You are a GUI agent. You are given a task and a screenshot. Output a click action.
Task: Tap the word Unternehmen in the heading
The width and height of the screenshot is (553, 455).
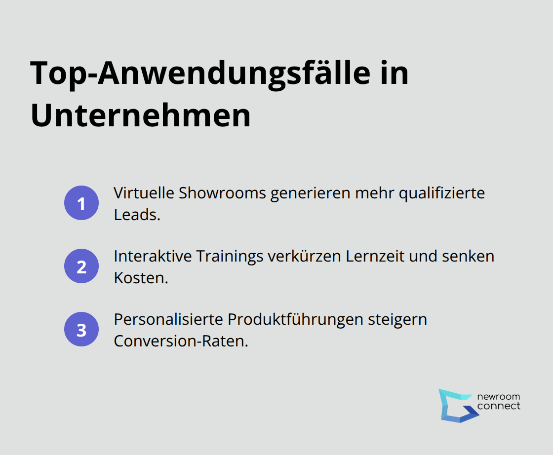click(x=141, y=116)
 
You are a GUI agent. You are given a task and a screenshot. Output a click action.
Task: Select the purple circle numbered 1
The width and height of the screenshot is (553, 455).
click(x=81, y=203)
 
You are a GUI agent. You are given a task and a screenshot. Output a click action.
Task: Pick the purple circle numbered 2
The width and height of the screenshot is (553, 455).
click(x=81, y=266)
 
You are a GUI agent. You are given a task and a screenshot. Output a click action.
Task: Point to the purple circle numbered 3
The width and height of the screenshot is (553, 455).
click(x=81, y=329)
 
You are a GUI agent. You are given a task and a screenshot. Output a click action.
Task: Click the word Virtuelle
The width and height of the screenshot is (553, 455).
click(x=144, y=193)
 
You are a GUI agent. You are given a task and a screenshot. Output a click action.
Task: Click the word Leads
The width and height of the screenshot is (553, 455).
click(x=137, y=215)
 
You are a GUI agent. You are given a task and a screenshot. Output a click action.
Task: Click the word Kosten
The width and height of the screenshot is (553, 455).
click(x=141, y=278)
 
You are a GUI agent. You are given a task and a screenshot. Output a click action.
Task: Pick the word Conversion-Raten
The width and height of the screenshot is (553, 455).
click(x=181, y=341)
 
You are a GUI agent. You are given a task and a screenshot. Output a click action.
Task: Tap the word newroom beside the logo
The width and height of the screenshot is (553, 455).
click(x=498, y=397)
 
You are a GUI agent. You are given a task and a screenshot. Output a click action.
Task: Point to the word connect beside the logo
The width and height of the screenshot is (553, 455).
click(x=498, y=406)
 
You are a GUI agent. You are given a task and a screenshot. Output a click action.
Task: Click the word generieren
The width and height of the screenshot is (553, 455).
click(x=311, y=193)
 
